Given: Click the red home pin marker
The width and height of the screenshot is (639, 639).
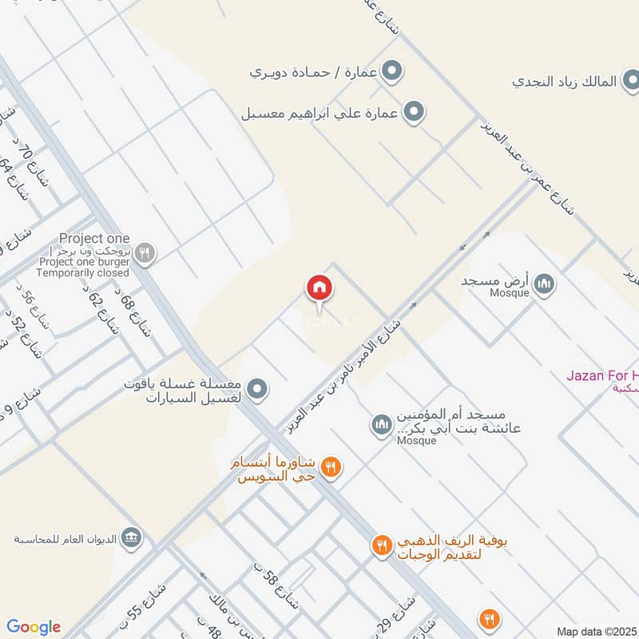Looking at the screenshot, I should pyautogui.click(x=319, y=289).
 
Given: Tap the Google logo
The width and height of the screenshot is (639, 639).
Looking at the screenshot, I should pyautogui.click(x=34, y=627).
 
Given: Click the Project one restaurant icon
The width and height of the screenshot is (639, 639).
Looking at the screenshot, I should pyautogui.click(x=144, y=254).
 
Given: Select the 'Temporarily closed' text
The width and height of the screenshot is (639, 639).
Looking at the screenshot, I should pyautogui.click(x=83, y=272).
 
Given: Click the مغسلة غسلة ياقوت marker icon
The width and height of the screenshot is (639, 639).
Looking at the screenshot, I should pyautogui.click(x=256, y=389).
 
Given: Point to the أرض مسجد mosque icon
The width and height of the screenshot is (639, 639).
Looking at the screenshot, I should pyautogui.click(x=544, y=284).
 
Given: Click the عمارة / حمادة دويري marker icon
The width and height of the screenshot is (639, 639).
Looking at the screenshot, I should pyautogui.click(x=391, y=73).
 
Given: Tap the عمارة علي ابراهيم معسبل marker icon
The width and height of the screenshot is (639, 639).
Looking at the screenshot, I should pyautogui.click(x=413, y=112).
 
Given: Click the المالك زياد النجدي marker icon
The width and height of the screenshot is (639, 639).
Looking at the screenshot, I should pyautogui.click(x=631, y=81).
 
